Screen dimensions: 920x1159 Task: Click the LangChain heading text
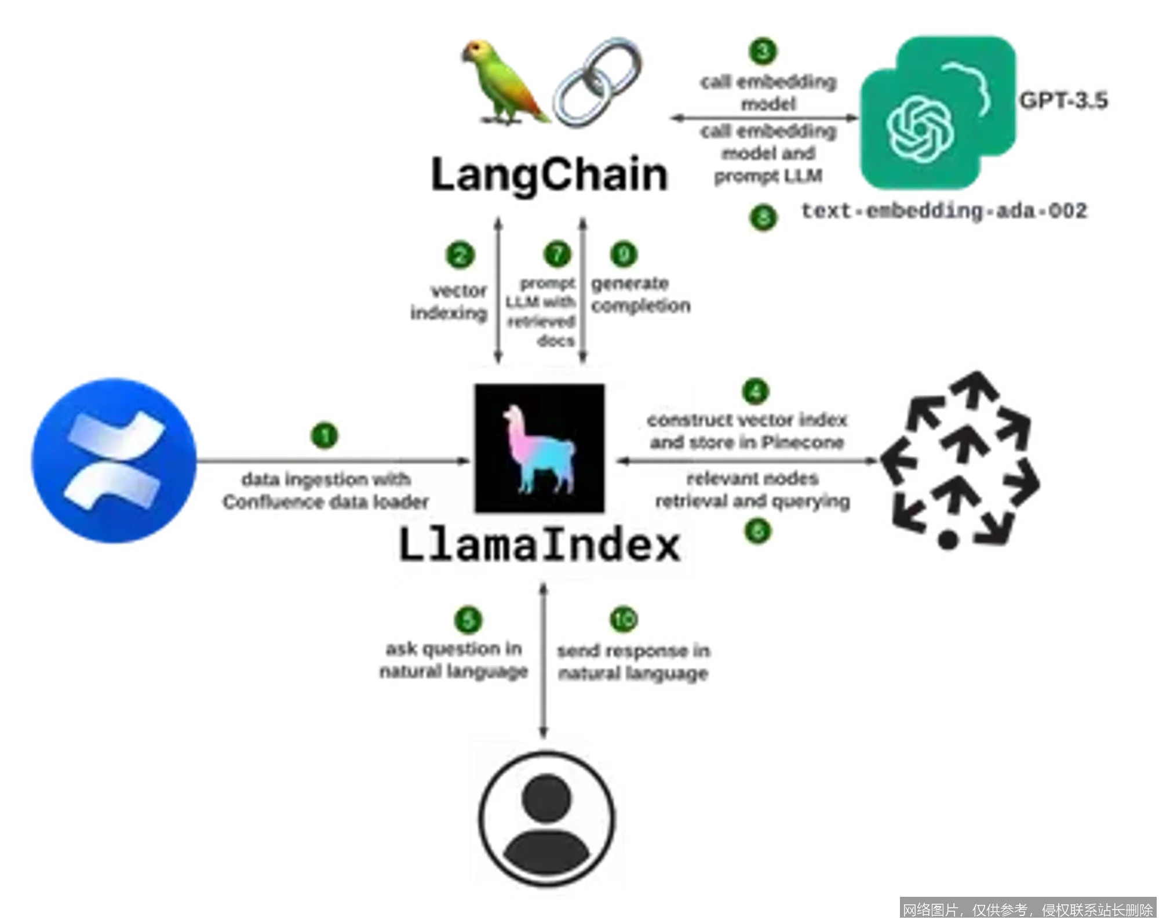pos(549,174)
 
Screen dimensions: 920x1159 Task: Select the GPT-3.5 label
pos(1063,101)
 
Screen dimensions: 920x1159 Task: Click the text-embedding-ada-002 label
pos(944,210)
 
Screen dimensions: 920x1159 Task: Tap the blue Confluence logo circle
pos(114,461)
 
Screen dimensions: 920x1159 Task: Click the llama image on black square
pos(540,448)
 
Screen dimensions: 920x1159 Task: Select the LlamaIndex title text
pos(540,545)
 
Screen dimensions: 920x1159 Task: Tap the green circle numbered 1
pos(325,436)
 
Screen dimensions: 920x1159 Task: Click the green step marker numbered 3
pos(763,52)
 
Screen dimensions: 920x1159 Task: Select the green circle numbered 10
pos(624,619)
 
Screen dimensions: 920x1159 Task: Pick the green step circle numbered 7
pos(557,254)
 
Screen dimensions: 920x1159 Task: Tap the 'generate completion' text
pos(640,294)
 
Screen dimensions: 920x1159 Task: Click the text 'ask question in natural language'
pos(454,660)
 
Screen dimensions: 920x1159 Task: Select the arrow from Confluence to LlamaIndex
pos(333,461)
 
